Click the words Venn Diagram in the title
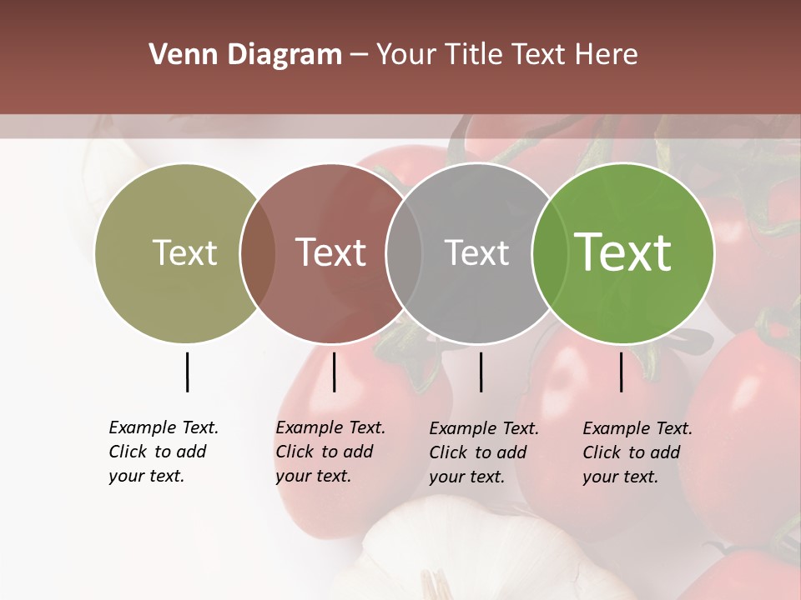pos(245,55)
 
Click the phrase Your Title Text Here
pos(506,55)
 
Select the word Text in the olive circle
pos(185,253)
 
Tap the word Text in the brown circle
pos(331,253)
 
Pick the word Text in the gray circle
pos(477,253)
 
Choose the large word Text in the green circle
pos(623,253)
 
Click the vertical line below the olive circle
pos(187,372)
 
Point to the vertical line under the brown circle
pos(334,372)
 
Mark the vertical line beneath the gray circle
pos(481,372)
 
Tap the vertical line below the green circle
pos(621,372)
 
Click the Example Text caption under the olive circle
pos(164,452)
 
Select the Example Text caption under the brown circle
pos(330,452)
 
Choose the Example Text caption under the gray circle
pos(484,452)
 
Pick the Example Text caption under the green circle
pos(637,452)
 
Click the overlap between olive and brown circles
pos(258,253)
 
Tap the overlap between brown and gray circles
pos(404,253)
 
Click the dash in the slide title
pos(359,55)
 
